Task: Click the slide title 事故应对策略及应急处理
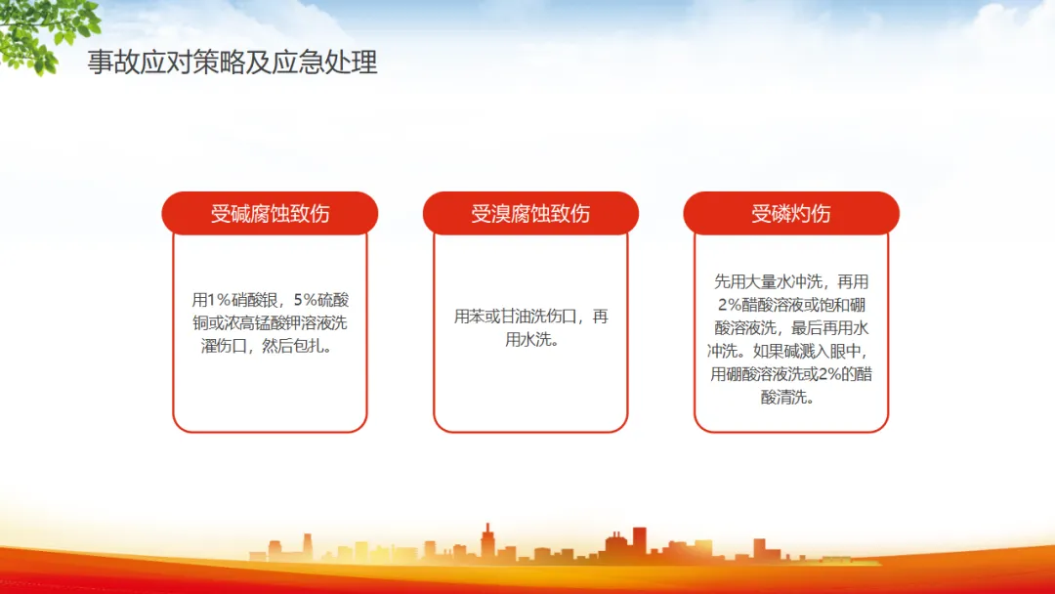pos(232,63)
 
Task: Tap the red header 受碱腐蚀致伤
pos(270,213)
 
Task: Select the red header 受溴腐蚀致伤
pos(530,213)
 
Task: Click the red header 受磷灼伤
pos(791,213)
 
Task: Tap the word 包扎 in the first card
pos(309,347)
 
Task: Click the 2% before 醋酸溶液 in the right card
pos(730,306)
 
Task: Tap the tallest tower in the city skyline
pos(487,541)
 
